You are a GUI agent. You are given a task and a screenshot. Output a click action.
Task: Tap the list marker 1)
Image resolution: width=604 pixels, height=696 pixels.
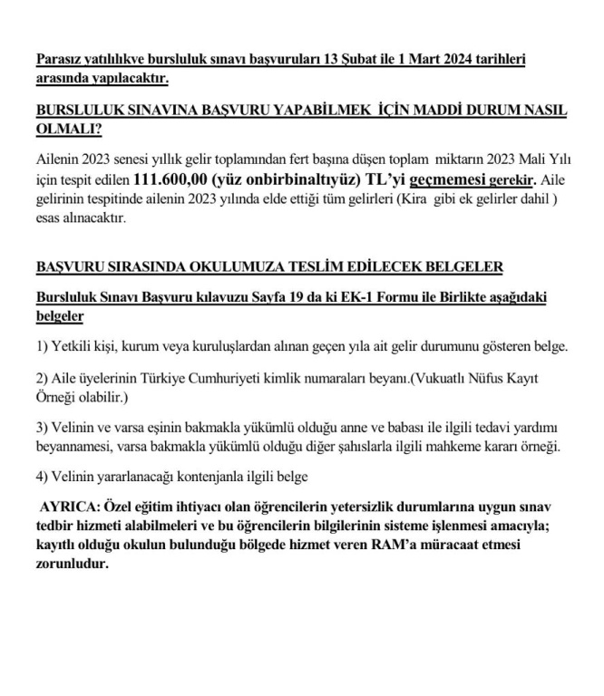click(43, 347)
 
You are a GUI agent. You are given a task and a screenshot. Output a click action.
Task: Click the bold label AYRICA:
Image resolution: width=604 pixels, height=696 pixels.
click(71, 506)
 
